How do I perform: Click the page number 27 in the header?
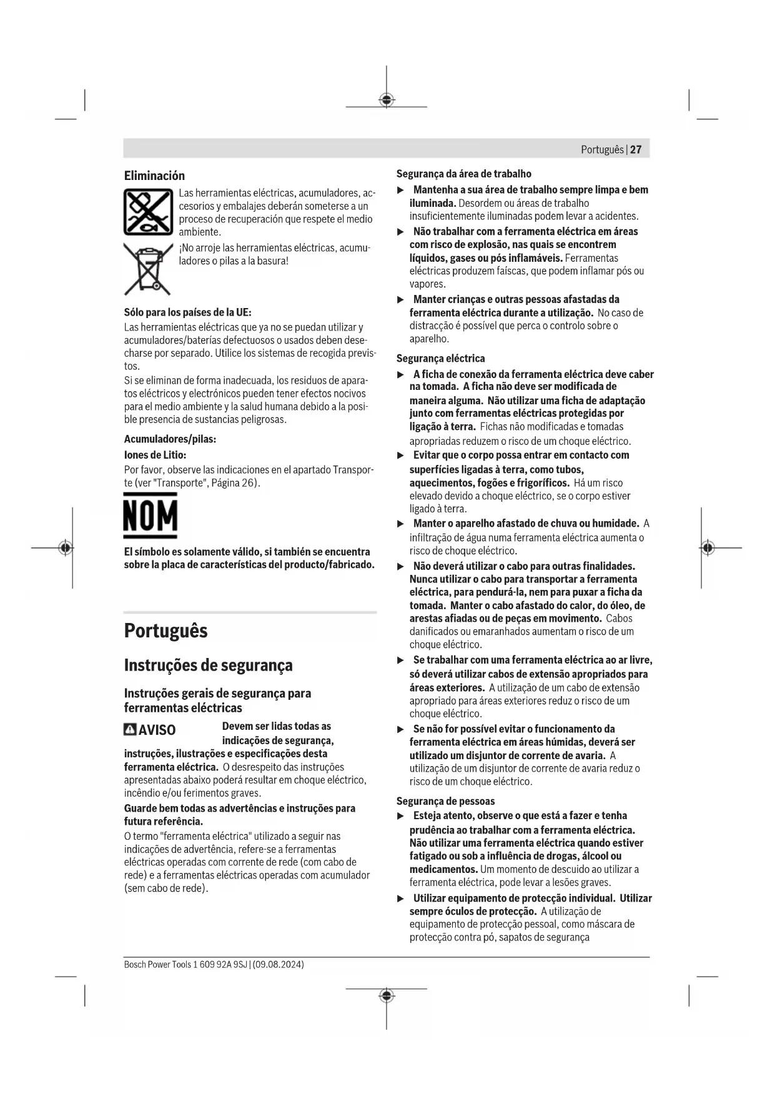click(x=636, y=149)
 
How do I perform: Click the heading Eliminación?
click(x=154, y=176)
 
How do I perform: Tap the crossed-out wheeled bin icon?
click(x=148, y=269)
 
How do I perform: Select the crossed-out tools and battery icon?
click(x=148, y=212)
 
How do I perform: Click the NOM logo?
click(x=150, y=516)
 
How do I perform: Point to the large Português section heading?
click(x=166, y=630)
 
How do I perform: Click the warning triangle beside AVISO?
click(x=130, y=729)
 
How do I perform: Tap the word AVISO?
click(x=157, y=730)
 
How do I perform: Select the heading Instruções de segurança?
click(x=208, y=665)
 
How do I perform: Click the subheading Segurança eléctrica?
click(x=440, y=359)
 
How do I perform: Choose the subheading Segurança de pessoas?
click(x=445, y=801)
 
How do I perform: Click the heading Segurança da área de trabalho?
click(x=463, y=174)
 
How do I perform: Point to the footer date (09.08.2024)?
click(x=279, y=964)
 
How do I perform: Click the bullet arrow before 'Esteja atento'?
click(x=401, y=816)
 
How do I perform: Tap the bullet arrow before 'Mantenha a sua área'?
click(x=401, y=190)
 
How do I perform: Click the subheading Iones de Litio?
click(x=155, y=455)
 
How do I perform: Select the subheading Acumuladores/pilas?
click(x=170, y=439)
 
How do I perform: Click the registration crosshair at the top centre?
click(x=387, y=100)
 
